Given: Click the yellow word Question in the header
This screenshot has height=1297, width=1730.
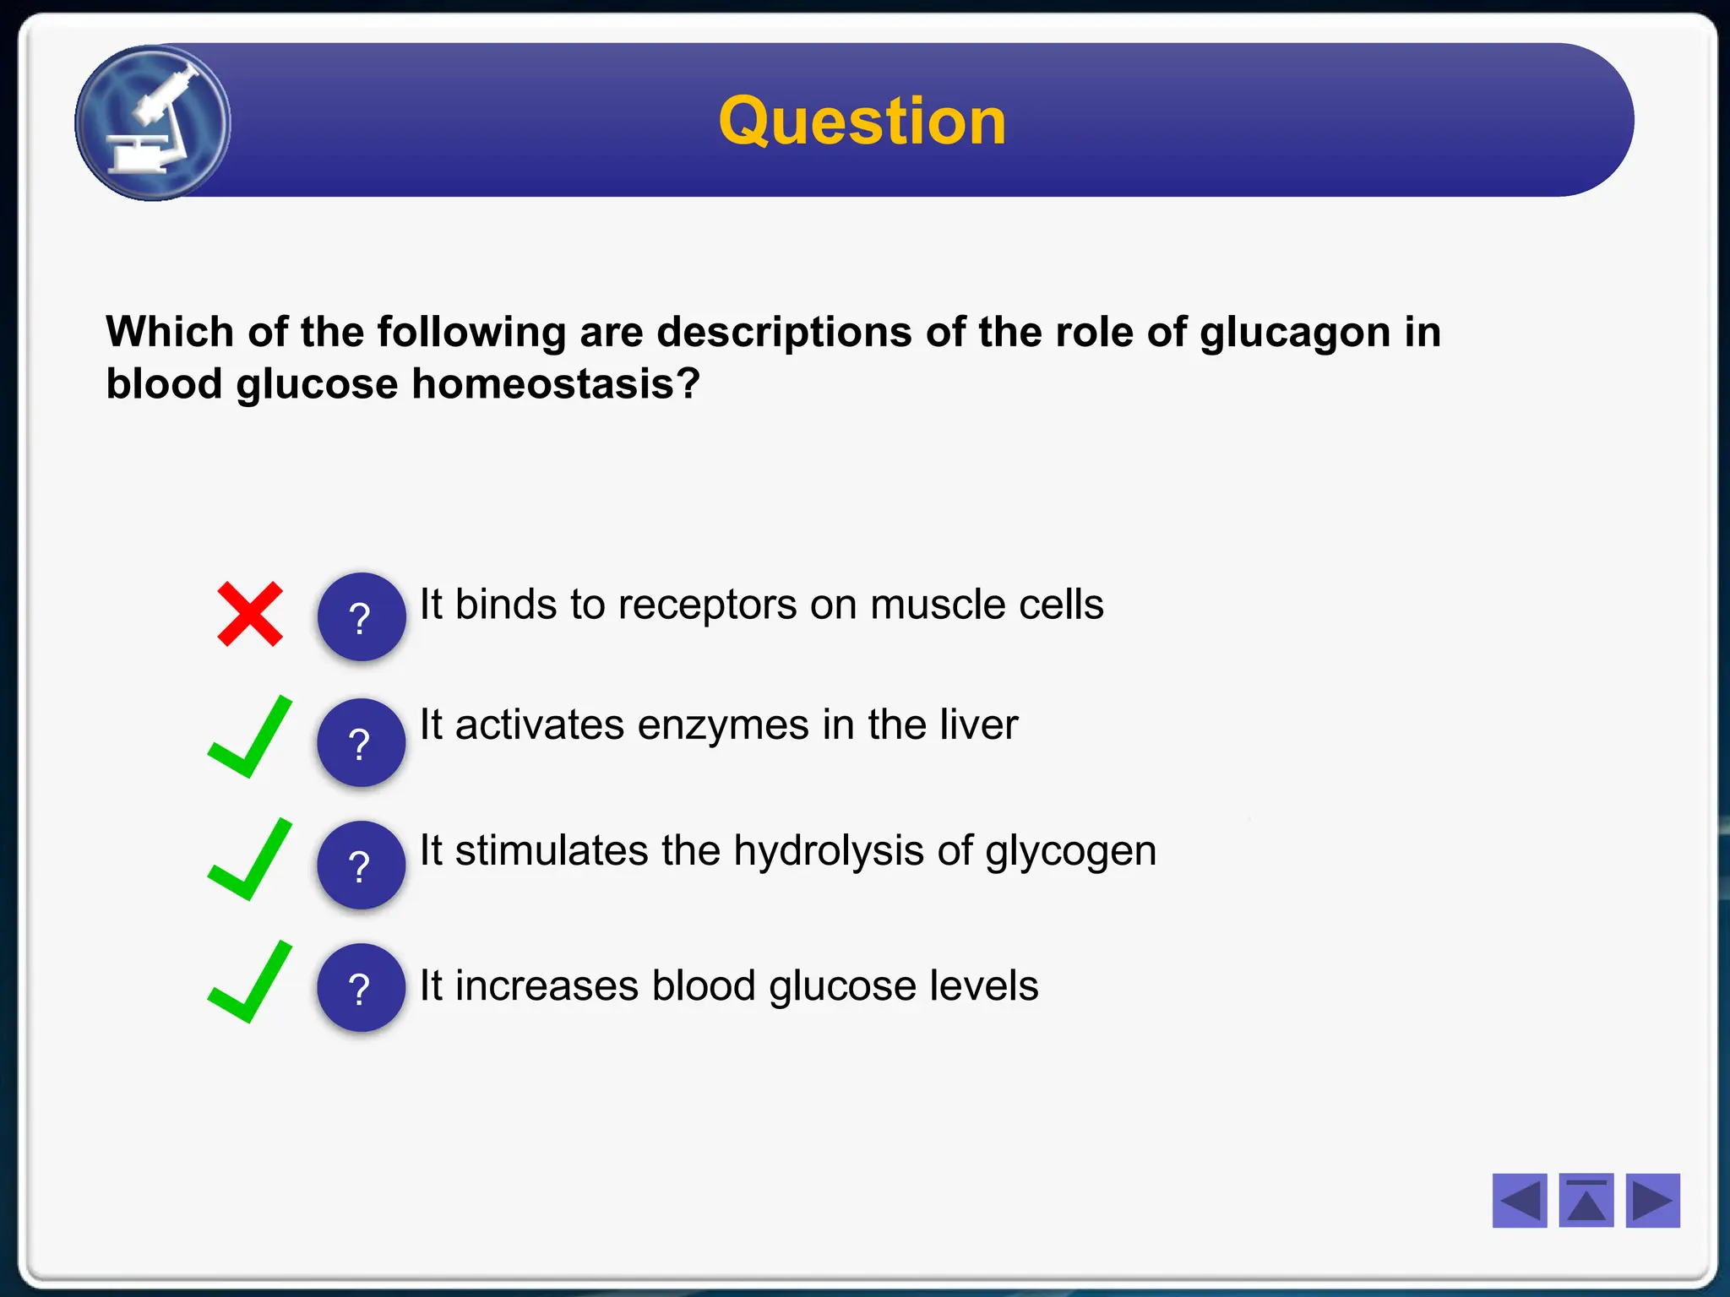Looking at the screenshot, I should pyautogui.click(x=862, y=122).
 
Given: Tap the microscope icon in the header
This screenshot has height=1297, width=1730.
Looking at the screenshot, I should pyautogui.click(x=153, y=123).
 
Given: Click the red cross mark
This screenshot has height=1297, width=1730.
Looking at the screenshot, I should pyautogui.click(x=250, y=614).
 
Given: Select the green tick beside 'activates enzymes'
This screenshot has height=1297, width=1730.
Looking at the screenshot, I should pyautogui.click(x=250, y=738).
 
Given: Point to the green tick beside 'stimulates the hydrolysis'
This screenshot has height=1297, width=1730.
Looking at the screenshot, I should pyautogui.click(x=250, y=860).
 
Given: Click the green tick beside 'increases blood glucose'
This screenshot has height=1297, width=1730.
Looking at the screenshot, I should pyautogui.click(x=250, y=983).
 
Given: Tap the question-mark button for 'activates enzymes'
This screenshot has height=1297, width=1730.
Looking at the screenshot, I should pyautogui.click(x=361, y=743).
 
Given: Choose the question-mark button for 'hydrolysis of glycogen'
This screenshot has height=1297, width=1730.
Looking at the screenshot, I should pyautogui.click(x=361, y=866).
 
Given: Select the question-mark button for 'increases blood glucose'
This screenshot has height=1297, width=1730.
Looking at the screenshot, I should pyautogui.click(x=361, y=988).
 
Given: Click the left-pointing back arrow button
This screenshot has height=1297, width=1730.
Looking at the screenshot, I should pyautogui.click(x=1519, y=1200).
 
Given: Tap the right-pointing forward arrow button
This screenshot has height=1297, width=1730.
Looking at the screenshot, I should pyautogui.click(x=1652, y=1200).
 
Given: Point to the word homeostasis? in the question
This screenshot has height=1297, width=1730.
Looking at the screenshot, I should pyautogui.click(x=555, y=384).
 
